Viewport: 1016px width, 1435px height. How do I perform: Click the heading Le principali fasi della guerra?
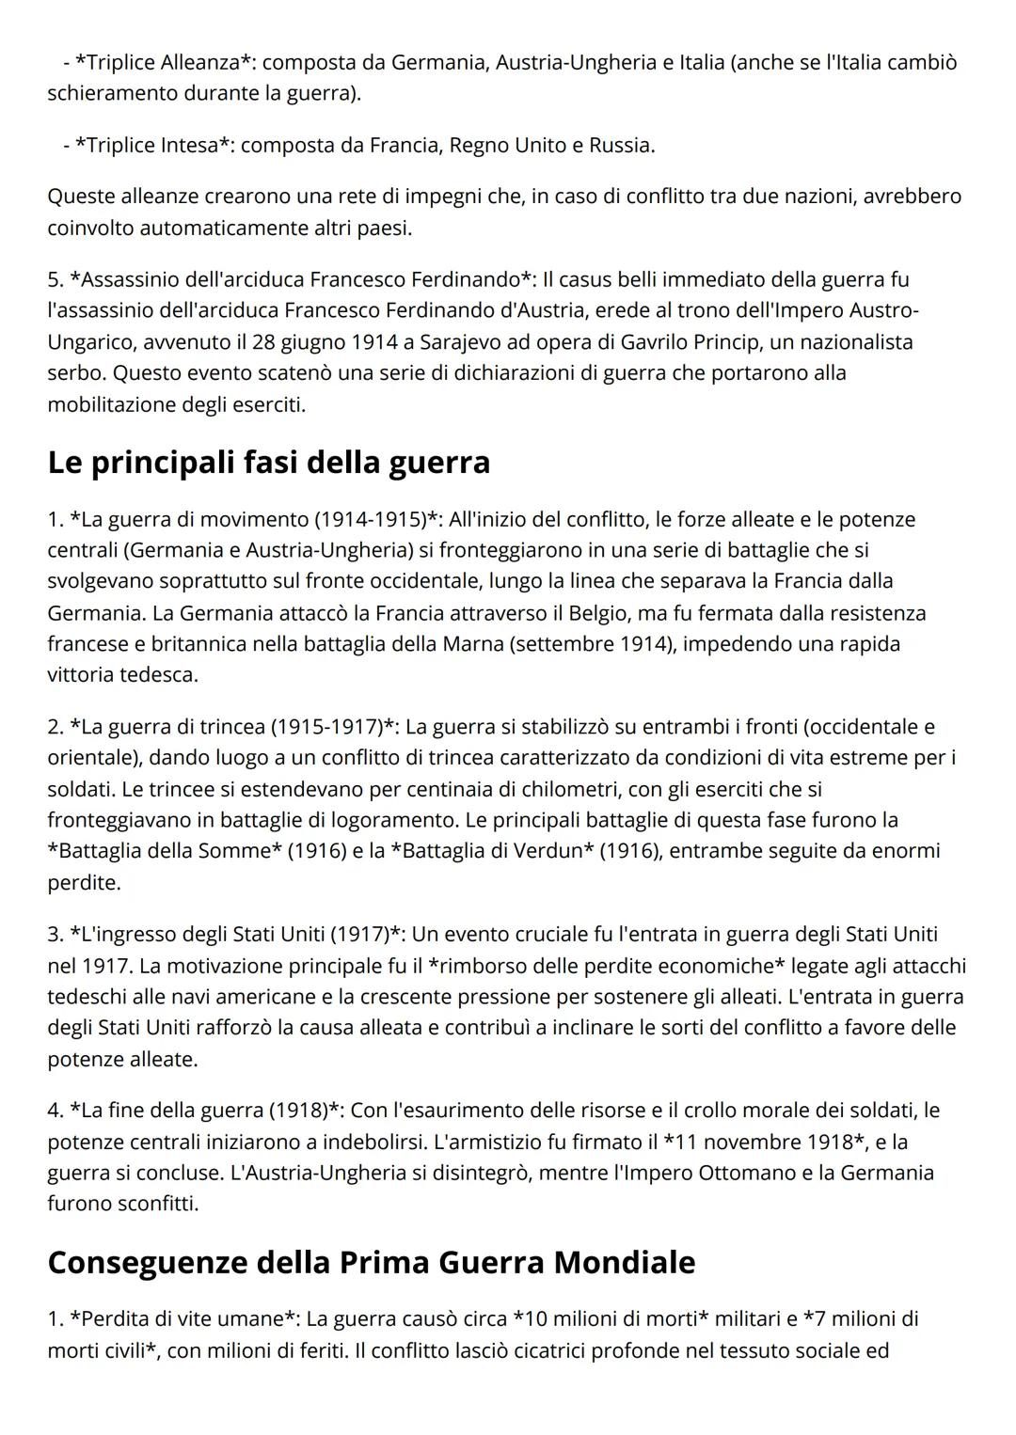(269, 463)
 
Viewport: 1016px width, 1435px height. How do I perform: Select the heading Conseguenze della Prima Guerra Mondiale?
(372, 1262)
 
